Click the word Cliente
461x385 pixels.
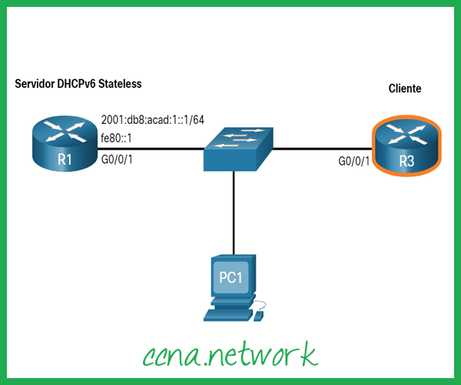click(405, 89)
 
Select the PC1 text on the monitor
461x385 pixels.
click(232, 276)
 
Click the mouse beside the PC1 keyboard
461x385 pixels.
click(260, 315)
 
